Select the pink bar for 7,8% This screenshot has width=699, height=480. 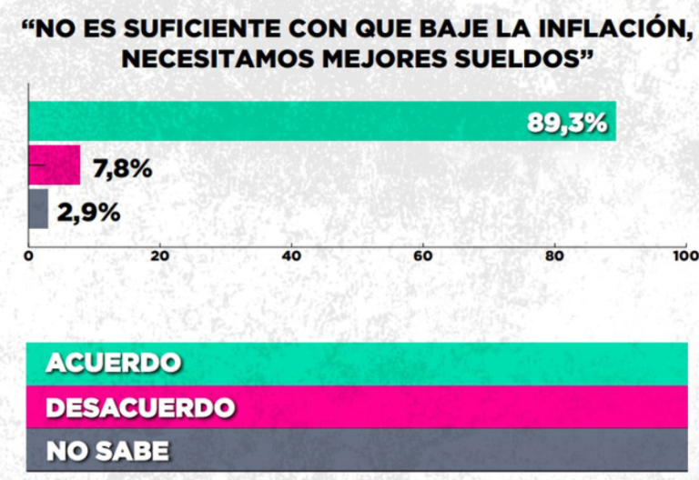[x=55, y=165]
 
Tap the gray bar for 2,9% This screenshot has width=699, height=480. [x=38, y=209]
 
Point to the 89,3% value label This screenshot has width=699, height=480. [x=567, y=123]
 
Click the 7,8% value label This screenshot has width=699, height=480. [x=122, y=169]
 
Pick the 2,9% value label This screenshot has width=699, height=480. [x=88, y=213]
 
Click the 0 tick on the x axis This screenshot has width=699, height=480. [x=29, y=256]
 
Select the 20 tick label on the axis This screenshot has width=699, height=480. [x=160, y=256]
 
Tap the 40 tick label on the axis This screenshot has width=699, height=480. [x=291, y=256]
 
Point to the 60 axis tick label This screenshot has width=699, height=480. [x=422, y=256]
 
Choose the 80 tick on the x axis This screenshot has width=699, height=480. [x=553, y=256]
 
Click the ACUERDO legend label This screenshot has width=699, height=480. [x=113, y=363]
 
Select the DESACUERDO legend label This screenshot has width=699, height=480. [x=140, y=406]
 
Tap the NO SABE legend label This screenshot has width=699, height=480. [x=106, y=449]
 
